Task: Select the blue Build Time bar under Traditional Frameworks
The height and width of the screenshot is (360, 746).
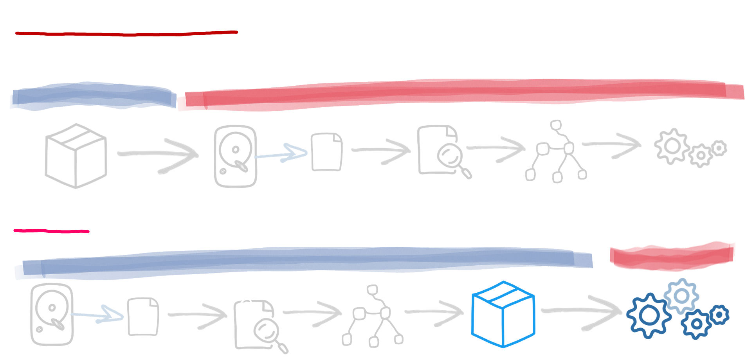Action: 93,96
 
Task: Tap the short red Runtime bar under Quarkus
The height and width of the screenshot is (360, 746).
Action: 672,257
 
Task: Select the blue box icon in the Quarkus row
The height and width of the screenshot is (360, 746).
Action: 503,314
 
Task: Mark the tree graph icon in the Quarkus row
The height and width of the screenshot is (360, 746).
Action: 373,316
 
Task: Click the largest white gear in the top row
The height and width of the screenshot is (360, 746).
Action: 672,146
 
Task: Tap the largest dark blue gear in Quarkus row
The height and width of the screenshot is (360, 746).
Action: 649,315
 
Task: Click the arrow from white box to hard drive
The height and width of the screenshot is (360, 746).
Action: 159,155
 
